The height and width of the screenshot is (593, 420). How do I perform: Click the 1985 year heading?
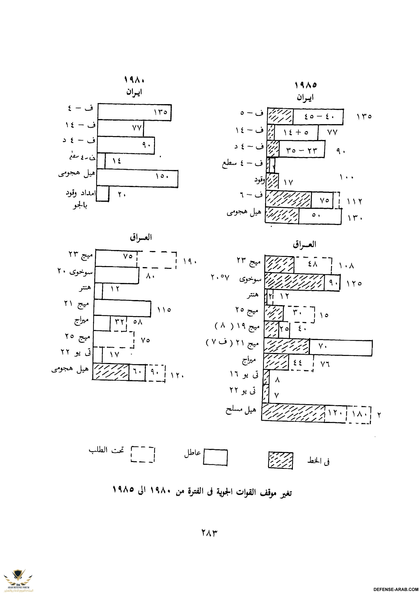pyautogui.click(x=306, y=85)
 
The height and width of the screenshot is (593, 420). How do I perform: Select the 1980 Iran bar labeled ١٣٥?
pyautogui.click(x=135, y=112)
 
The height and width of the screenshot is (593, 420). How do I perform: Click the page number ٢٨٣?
pyautogui.click(x=209, y=533)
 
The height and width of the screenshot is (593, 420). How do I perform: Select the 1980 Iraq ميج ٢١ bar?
pyautogui.click(x=122, y=308)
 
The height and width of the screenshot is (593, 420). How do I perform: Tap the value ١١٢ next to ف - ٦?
pyautogui.click(x=355, y=201)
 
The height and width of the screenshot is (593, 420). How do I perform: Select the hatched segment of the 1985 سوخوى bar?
pyautogui.click(x=294, y=282)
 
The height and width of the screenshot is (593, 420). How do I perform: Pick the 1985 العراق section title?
pyautogui.click(x=305, y=244)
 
